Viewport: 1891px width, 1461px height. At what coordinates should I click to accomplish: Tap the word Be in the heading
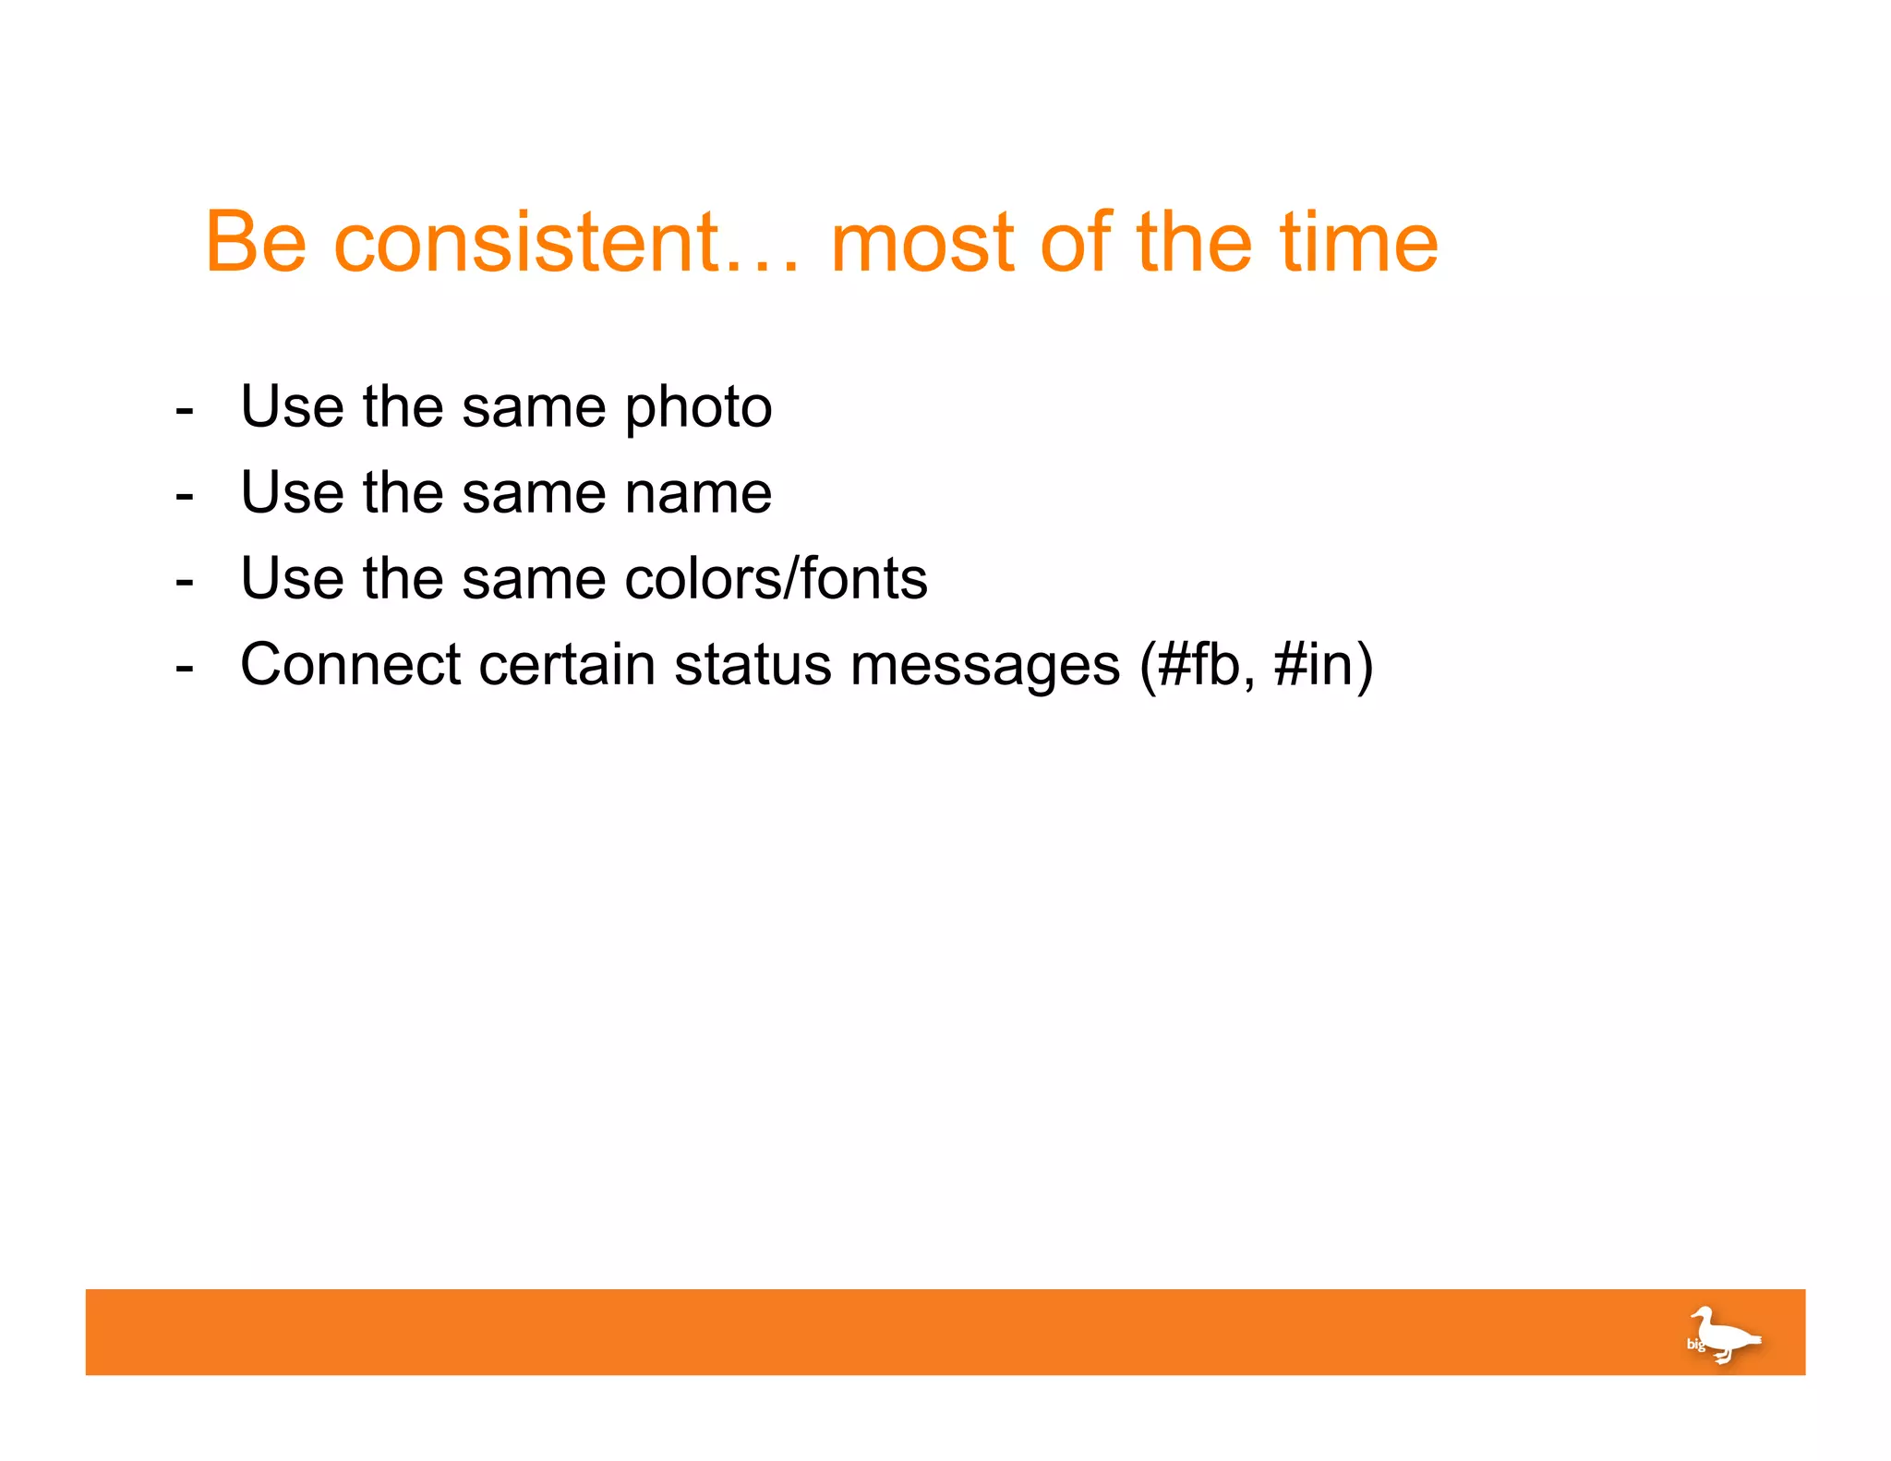pos(255,243)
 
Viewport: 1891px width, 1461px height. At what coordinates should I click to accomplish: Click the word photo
pos(698,408)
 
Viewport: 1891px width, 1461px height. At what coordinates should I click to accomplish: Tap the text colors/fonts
pos(776,579)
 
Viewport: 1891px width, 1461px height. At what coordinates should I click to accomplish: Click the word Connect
pos(350,664)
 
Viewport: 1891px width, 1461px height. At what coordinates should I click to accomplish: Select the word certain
pos(567,664)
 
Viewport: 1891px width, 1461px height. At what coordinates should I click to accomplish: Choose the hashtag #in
pos(1311,664)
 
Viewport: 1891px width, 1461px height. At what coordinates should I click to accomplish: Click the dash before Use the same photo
pos(185,409)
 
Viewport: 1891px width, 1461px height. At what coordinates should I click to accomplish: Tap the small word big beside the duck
pos(1695,1345)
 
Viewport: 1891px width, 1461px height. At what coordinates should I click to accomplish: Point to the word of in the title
pos(1076,243)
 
